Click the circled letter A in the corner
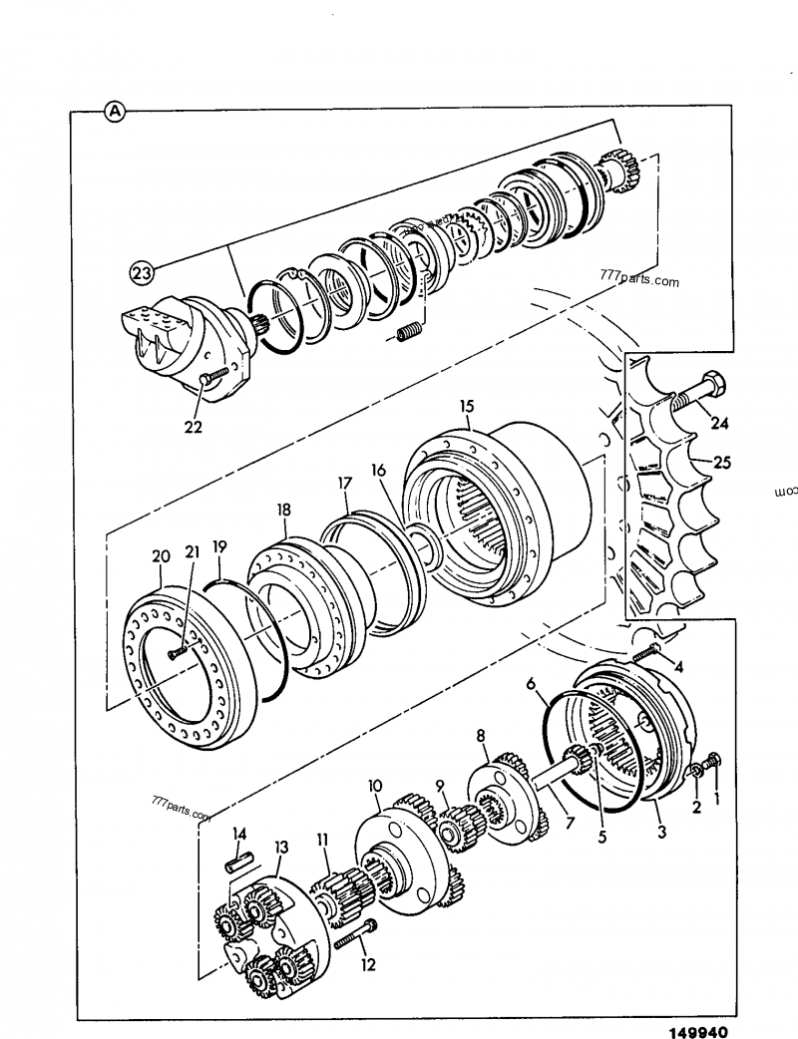(x=115, y=112)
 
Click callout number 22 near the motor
(x=194, y=427)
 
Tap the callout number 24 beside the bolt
(x=719, y=423)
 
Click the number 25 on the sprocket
(x=721, y=463)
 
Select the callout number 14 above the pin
(x=238, y=834)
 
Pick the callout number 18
(x=284, y=510)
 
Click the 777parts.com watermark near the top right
(x=638, y=281)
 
